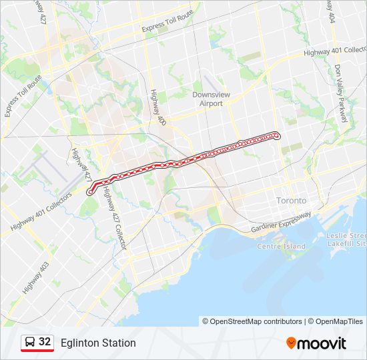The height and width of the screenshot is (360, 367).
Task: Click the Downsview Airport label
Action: click(x=211, y=99)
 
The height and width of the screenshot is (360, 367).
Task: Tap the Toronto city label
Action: click(x=291, y=201)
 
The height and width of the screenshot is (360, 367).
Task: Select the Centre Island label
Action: click(x=282, y=246)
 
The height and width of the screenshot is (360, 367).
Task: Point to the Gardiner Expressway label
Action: click(x=281, y=223)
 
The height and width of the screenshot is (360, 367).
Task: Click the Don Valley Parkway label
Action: click(x=342, y=93)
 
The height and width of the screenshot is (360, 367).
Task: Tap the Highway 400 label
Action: click(x=157, y=107)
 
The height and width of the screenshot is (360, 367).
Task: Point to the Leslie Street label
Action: click(x=347, y=236)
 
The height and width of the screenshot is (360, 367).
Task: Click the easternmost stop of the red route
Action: click(x=276, y=136)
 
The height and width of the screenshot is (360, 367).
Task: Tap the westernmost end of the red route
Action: click(x=89, y=192)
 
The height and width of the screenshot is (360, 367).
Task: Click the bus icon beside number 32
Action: click(x=29, y=343)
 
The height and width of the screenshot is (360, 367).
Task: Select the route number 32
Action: click(x=45, y=342)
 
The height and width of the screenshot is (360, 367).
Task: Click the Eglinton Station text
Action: click(x=98, y=343)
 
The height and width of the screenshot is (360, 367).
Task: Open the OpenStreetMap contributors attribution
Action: click(x=256, y=321)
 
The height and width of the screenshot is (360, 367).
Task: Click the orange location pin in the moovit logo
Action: click(x=292, y=343)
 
